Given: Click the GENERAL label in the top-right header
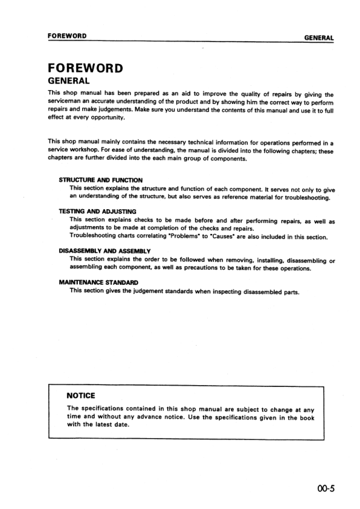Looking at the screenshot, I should (x=319, y=37).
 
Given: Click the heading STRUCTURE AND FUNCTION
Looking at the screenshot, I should (x=100, y=180).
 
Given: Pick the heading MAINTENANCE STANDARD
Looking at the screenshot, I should (x=98, y=282).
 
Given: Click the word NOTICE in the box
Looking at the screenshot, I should (x=81, y=395).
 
